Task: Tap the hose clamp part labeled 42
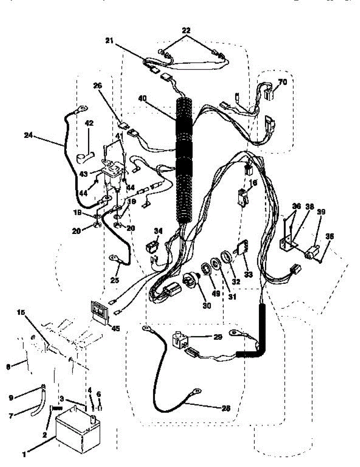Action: point(86,158)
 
